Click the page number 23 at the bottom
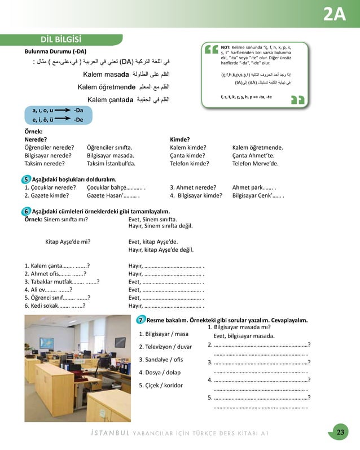340,432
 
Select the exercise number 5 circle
27,179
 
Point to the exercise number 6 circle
27,211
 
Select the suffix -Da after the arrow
79,111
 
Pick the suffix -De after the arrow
79,120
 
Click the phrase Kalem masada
107,75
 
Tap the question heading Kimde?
179,139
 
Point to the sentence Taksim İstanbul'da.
111,163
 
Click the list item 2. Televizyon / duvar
165,347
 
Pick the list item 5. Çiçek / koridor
161,385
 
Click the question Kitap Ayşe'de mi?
68,241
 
